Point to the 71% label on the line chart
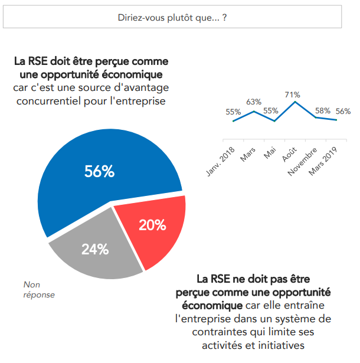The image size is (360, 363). pos(292,94)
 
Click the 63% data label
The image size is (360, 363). pos(254,102)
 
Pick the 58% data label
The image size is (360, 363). pos(323,110)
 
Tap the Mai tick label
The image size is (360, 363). pos(270,153)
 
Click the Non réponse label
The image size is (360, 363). pos(38,290)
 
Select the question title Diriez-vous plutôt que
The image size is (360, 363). pos(173,18)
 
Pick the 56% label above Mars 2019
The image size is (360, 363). pos(343,111)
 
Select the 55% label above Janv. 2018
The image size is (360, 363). pos(233,112)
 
